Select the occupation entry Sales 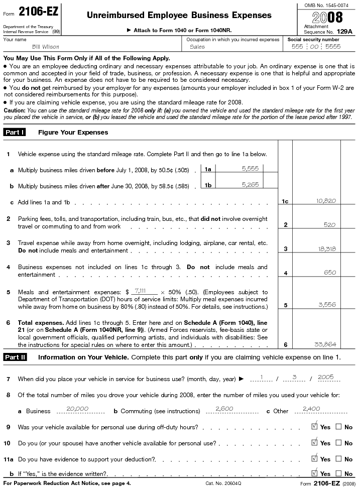pyautogui.click(x=197, y=47)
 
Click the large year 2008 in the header pyautogui.click(x=328, y=18)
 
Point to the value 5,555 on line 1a pyautogui.click(x=250, y=169)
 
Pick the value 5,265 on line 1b pyautogui.click(x=250, y=184)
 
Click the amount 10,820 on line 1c pyautogui.click(x=326, y=201)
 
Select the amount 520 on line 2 pyautogui.click(x=329, y=224)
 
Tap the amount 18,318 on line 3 pyautogui.click(x=326, y=249)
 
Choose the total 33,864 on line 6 pyautogui.click(x=326, y=344)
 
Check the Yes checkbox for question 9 pyautogui.click(x=315, y=427)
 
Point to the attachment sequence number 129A pyautogui.click(x=344, y=31)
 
